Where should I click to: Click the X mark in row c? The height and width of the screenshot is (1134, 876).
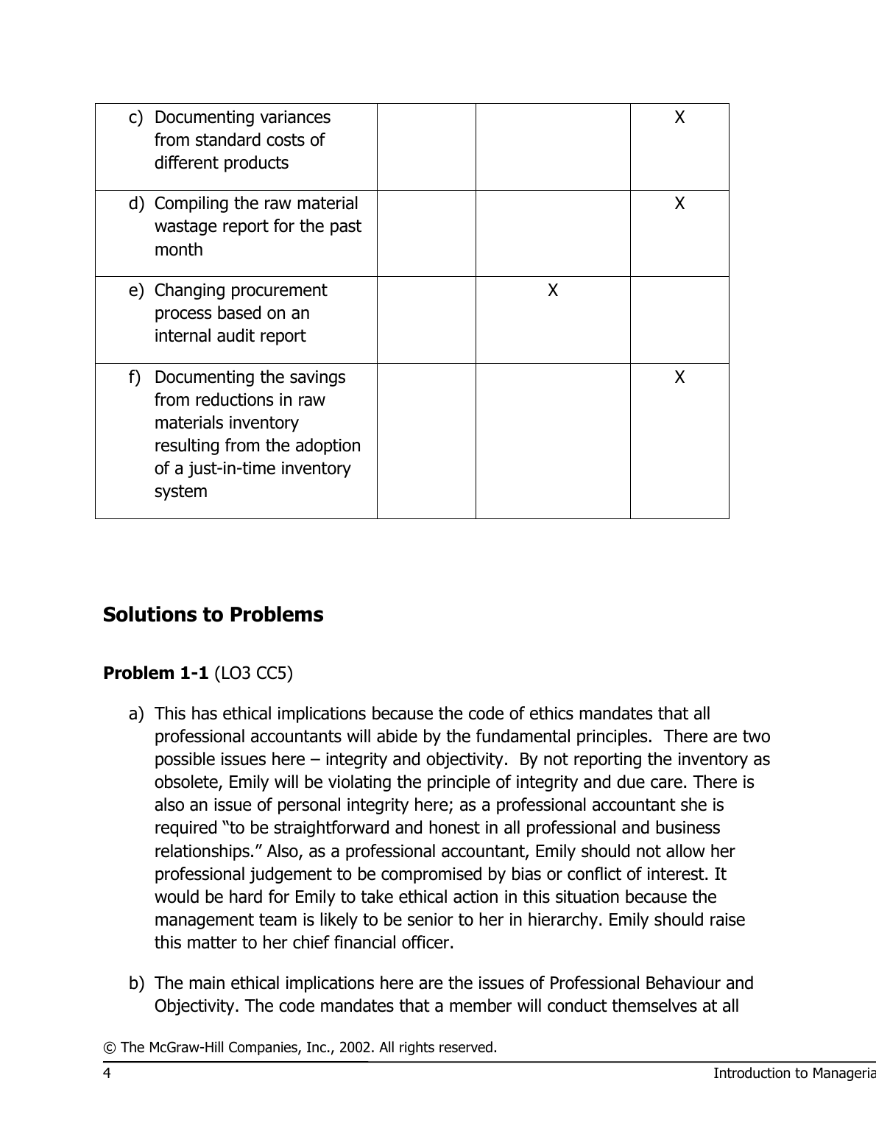click(x=679, y=117)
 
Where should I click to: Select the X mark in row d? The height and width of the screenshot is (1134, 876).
click(x=679, y=203)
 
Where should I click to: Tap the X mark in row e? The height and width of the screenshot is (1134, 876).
click(x=553, y=290)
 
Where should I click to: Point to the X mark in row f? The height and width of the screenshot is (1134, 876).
click(x=679, y=377)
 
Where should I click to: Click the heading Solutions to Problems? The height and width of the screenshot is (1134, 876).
click(x=213, y=615)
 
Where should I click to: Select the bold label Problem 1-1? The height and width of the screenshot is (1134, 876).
click(x=155, y=673)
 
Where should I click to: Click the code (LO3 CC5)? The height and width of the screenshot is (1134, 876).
click(x=253, y=673)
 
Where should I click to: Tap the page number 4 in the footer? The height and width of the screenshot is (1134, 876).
click(x=107, y=1073)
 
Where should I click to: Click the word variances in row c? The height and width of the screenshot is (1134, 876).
click(x=294, y=117)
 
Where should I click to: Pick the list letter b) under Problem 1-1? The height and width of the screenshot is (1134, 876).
click(x=136, y=983)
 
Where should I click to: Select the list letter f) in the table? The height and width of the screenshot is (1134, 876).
click(x=135, y=377)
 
